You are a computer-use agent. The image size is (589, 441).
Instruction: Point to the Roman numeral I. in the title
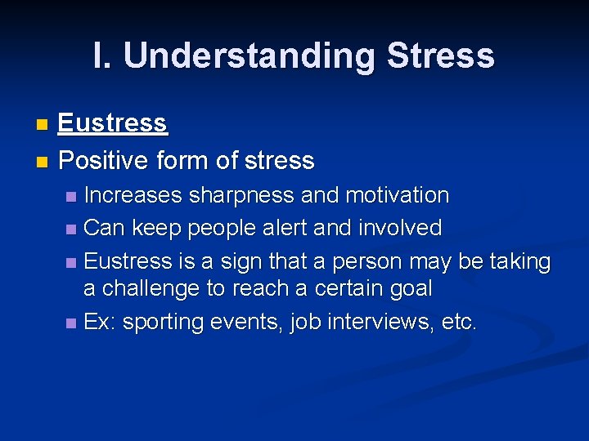[x=104, y=56]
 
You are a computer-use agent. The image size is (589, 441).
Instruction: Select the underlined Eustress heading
[x=113, y=123]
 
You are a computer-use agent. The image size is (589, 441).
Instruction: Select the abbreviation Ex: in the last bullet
[x=100, y=323]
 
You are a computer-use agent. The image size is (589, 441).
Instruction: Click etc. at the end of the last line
[x=458, y=323]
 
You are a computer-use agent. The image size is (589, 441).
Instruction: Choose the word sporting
[x=163, y=323]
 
